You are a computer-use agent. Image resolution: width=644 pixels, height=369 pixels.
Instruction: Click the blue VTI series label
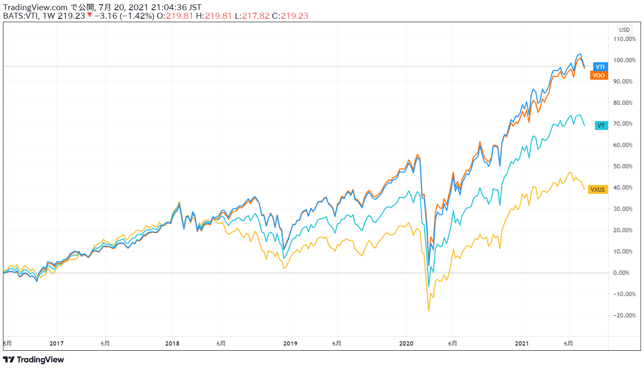(x=600, y=67)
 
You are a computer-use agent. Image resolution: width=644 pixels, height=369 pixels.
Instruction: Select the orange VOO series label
(x=599, y=75)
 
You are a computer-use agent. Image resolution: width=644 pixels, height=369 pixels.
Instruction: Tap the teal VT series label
(x=601, y=126)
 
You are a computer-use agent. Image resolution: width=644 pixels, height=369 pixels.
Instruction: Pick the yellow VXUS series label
(x=597, y=190)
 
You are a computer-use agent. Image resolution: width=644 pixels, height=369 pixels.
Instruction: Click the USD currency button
(x=624, y=30)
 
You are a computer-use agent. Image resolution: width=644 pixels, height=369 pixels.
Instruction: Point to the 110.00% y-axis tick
(x=624, y=39)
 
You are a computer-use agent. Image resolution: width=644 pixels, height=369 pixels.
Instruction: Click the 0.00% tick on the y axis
(x=624, y=273)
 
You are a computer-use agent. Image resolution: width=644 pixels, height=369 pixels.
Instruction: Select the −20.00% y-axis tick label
(x=624, y=315)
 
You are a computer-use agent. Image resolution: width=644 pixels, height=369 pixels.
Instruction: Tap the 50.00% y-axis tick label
(x=624, y=166)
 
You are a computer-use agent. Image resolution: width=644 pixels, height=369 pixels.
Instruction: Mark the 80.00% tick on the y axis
(x=624, y=103)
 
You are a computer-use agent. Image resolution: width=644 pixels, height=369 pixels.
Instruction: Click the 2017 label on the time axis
(x=56, y=343)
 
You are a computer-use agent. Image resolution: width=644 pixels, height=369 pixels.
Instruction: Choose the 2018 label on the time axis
(x=172, y=343)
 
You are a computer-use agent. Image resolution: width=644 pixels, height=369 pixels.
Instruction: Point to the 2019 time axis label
(x=290, y=343)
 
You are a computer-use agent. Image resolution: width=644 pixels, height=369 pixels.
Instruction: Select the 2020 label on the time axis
(x=406, y=343)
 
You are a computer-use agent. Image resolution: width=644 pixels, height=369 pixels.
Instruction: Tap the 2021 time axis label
(x=522, y=343)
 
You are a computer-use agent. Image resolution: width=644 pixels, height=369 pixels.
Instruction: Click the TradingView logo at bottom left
(x=34, y=360)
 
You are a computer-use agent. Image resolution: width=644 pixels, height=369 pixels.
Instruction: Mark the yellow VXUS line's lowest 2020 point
(x=429, y=311)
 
